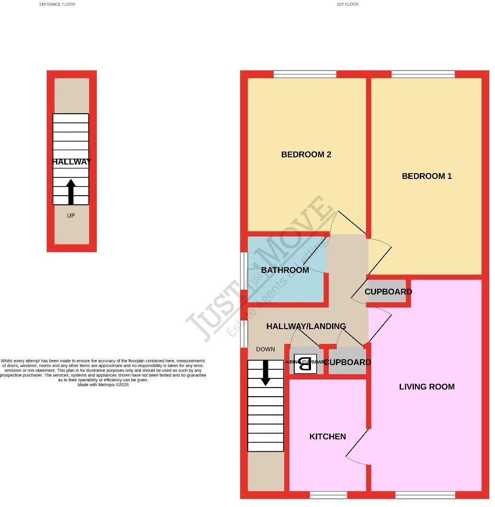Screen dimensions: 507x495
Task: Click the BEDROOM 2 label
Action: (306, 154)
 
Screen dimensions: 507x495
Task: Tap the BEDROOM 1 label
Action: (426, 176)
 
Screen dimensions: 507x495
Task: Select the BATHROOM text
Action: (285, 270)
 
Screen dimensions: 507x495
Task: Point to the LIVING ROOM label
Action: (426, 387)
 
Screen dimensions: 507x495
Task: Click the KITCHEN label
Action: (327, 436)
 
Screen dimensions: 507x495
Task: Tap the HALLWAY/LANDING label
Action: (306, 326)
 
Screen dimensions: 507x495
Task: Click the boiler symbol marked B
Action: (305, 363)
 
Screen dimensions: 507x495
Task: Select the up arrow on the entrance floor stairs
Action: (71, 191)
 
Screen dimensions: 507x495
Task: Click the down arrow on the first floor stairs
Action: (265, 373)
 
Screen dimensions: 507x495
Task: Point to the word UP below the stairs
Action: (71, 216)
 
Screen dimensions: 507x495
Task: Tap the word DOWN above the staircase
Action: (265, 349)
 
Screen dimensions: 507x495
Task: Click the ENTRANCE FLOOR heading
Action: (57, 4)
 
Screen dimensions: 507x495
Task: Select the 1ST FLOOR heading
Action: (347, 4)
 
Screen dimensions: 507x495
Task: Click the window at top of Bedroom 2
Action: (305, 74)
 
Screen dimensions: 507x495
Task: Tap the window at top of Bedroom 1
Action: (423, 74)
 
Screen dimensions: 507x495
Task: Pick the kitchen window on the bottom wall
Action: (328, 495)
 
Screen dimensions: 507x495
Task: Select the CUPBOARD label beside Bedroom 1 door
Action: (388, 292)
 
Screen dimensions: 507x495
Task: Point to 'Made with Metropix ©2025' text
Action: (103, 385)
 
